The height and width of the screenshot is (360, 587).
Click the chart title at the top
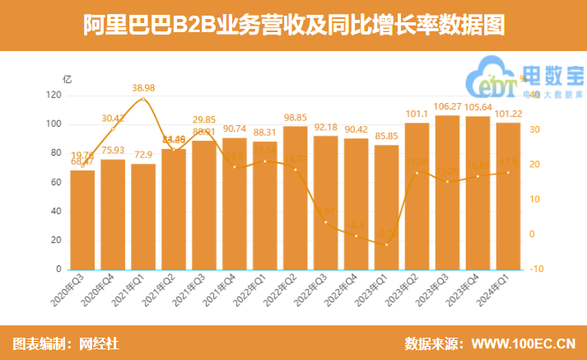coord(293,26)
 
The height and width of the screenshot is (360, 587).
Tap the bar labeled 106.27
coord(447,193)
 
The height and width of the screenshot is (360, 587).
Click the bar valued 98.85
coord(295,198)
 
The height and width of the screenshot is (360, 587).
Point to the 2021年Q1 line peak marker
coord(143,99)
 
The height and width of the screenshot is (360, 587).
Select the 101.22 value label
coord(508,115)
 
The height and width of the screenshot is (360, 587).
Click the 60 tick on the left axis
coord(56,182)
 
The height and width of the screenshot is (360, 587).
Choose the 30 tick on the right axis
coord(534,130)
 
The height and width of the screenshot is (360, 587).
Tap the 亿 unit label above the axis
coord(68,79)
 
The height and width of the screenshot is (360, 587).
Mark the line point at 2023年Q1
coord(386,244)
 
